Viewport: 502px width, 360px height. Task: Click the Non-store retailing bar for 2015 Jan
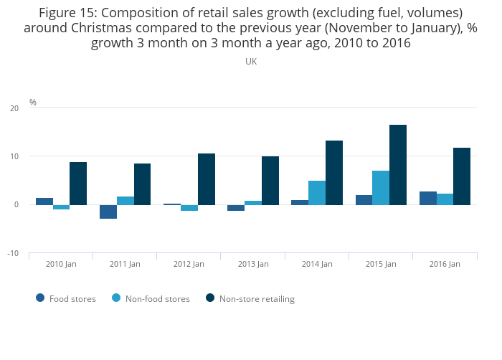[398, 165]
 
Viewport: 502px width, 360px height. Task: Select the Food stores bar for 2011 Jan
[108, 212]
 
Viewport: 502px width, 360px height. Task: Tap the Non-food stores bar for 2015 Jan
[381, 188]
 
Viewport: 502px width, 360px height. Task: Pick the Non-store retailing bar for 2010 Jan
[78, 184]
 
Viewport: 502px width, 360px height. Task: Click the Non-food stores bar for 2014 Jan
[317, 193]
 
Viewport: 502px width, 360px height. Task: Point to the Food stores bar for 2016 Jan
[428, 198]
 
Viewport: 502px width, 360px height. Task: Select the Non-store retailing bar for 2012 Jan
[207, 179]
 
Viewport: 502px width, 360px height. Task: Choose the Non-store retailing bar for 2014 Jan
[334, 173]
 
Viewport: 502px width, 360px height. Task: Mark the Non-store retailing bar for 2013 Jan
[270, 181]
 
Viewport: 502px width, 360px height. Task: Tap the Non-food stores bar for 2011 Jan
[126, 201]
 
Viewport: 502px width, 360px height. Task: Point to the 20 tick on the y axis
[14, 108]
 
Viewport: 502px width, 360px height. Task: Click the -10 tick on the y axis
[13, 254]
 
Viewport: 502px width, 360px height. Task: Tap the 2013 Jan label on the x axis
[253, 264]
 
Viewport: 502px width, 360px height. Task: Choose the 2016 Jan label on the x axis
[445, 264]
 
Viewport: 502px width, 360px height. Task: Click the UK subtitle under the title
[251, 62]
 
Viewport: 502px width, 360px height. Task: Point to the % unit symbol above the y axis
[33, 103]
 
